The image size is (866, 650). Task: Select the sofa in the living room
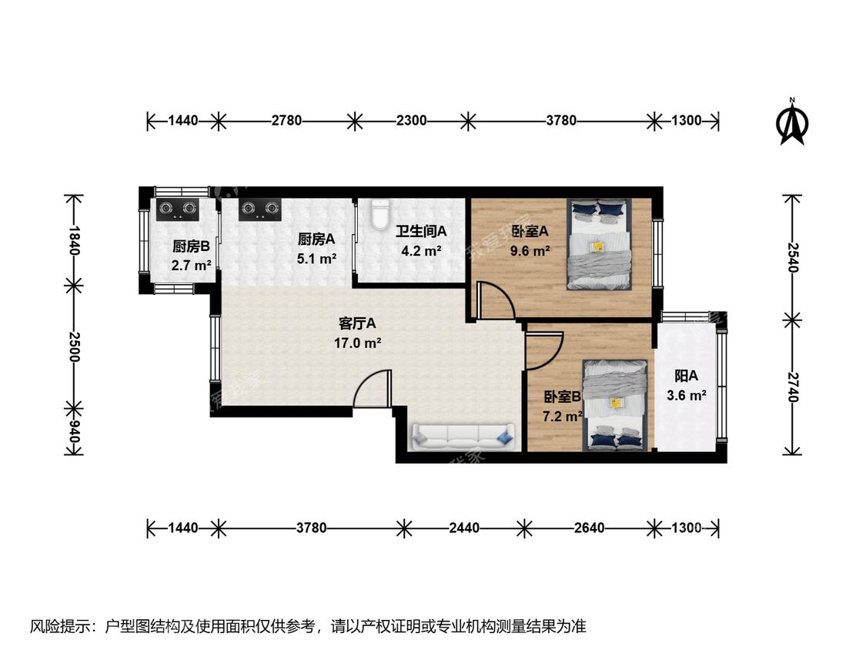click(x=463, y=437)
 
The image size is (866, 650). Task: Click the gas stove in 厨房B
click(x=179, y=209)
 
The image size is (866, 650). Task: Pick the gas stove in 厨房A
click(x=259, y=209)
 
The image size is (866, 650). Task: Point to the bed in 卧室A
click(x=599, y=244)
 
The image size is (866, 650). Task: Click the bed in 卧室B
click(x=615, y=404)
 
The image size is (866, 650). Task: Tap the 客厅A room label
click(x=356, y=323)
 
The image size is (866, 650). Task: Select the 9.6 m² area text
click(x=530, y=251)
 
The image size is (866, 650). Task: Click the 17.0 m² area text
click(x=357, y=343)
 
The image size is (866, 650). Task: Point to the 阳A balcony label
click(x=686, y=377)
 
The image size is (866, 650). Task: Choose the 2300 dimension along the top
click(x=412, y=120)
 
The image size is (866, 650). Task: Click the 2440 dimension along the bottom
click(x=464, y=528)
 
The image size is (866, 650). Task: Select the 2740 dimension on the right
click(x=793, y=387)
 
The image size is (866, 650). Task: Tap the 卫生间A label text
click(x=421, y=231)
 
